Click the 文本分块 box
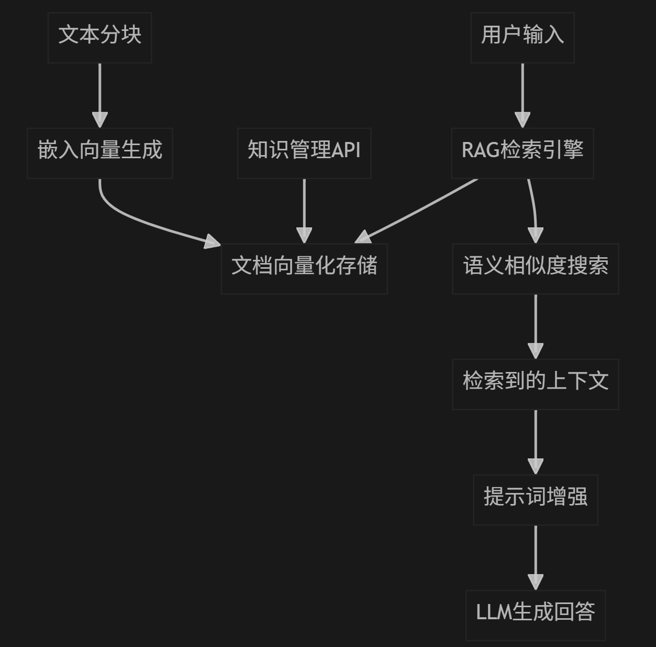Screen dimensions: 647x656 coord(99,38)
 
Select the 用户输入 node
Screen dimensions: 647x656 coord(522,38)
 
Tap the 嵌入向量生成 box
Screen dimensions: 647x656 coord(99,153)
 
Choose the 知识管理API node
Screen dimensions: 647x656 coord(304,153)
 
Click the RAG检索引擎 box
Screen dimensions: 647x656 coord(522,153)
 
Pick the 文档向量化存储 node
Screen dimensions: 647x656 coord(304,268)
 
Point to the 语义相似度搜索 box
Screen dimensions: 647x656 coord(535,268)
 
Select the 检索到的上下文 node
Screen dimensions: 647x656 coord(535,384)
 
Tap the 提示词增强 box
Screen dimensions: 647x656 coord(535,499)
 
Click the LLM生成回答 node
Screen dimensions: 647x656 coord(535,615)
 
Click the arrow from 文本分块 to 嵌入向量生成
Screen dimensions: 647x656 coord(99,94)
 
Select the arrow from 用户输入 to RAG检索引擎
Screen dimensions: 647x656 coord(522,94)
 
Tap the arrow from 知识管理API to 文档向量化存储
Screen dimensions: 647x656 coord(304,210)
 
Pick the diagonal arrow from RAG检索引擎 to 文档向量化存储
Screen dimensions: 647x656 coord(419,210)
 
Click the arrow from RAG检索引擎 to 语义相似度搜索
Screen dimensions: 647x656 coord(534,210)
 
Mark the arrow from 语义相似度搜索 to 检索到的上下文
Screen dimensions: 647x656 coord(535,325)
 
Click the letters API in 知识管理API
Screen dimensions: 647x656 coord(346,150)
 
